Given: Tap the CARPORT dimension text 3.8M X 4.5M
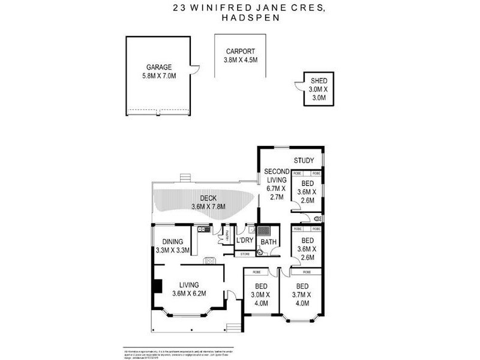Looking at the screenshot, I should [241, 60].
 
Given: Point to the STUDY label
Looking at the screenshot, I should [304, 161].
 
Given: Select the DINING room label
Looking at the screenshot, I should [172, 242].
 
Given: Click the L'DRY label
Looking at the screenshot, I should [244, 241].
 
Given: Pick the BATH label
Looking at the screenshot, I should [268, 243].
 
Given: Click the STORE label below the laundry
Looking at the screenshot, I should [245, 254].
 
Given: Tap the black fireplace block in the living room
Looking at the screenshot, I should [157, 286].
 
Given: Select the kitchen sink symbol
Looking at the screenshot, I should [204, 229].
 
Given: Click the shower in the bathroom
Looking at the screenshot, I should [265, 231].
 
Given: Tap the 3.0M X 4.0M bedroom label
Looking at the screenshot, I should [261, 295].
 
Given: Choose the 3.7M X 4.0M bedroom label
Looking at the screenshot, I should [302, 295].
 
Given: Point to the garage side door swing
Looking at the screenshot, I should [194, 72].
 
